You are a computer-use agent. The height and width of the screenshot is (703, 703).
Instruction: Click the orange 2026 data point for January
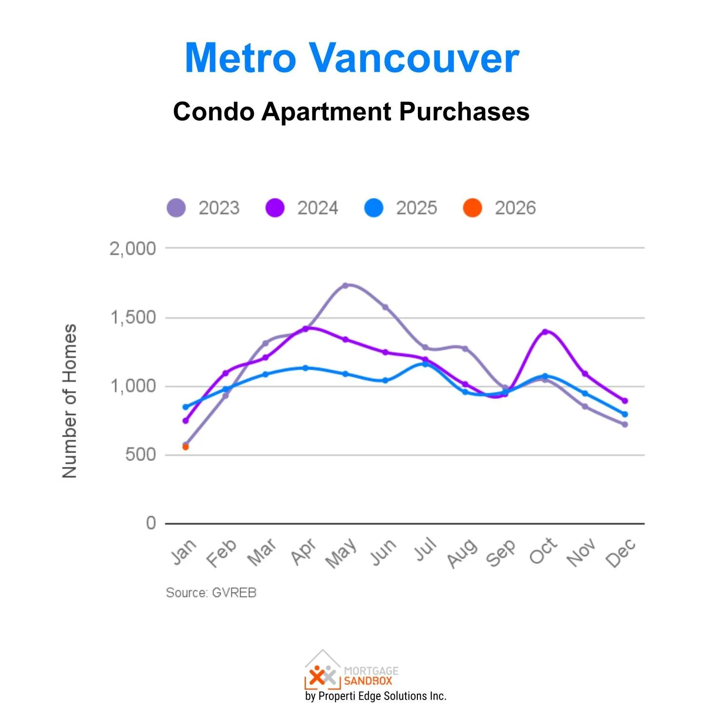(x=186, y=447)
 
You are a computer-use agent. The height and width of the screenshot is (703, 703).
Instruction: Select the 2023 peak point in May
(x=345, y=286)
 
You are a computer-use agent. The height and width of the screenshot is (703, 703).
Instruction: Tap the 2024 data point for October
(x=545, y=332)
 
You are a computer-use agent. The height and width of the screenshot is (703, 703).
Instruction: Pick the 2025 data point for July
(x=425, y=364)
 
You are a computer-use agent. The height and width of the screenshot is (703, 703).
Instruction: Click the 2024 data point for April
(x=306, y=329)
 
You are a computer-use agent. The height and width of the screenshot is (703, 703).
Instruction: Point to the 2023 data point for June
(x=385, y=307)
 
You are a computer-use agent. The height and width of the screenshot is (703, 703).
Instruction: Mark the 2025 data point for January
(x=186, y=407)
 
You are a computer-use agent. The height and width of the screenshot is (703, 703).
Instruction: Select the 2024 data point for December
(x=624, y=401)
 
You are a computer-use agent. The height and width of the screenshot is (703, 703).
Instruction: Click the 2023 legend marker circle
(x=176, y=208)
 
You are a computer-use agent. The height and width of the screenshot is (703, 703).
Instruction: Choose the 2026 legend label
(x=515, y=208)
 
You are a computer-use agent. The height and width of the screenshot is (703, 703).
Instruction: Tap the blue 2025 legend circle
(x=374, y=208)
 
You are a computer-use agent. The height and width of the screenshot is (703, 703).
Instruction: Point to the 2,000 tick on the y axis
(x=132, y=248)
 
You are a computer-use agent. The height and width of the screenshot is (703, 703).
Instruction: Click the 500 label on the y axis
(x=140, y=455)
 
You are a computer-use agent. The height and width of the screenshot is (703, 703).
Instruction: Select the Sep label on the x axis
(x=501, y=553)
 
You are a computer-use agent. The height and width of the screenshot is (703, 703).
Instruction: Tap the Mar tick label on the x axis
(x=262, y=553)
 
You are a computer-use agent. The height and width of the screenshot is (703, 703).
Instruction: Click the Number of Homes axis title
(x=70, y=400)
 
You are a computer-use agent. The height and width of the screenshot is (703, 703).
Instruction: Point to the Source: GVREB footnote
(x=211, y=593)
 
